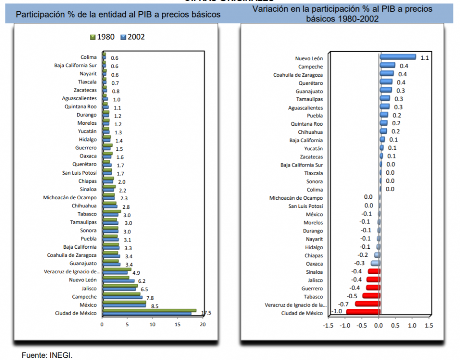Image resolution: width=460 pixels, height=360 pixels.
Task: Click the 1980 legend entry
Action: click(106, 37)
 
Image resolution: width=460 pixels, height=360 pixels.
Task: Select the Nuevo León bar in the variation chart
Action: click(398, 57)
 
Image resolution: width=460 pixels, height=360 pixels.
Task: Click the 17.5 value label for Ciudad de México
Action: click(206, 313)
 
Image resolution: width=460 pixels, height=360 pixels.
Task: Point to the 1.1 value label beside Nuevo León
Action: click(425, 57)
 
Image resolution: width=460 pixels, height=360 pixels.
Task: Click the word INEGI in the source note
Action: click(62, 355)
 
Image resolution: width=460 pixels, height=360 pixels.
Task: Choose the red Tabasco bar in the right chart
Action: click(372, 296)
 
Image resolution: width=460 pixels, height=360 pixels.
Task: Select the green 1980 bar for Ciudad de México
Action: click(149, 310)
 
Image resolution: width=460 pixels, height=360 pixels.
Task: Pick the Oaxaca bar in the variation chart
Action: click(376, 263)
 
